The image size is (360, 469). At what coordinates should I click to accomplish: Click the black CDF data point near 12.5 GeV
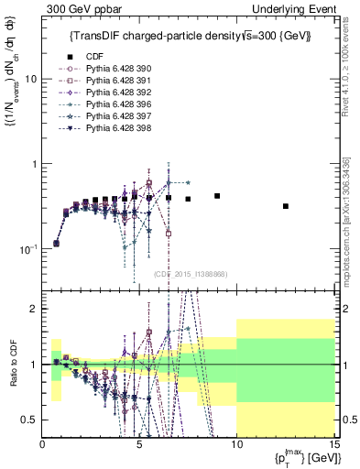click(x=286, y=206)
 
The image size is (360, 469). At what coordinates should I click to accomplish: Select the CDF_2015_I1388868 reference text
click(x=190, y=274)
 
